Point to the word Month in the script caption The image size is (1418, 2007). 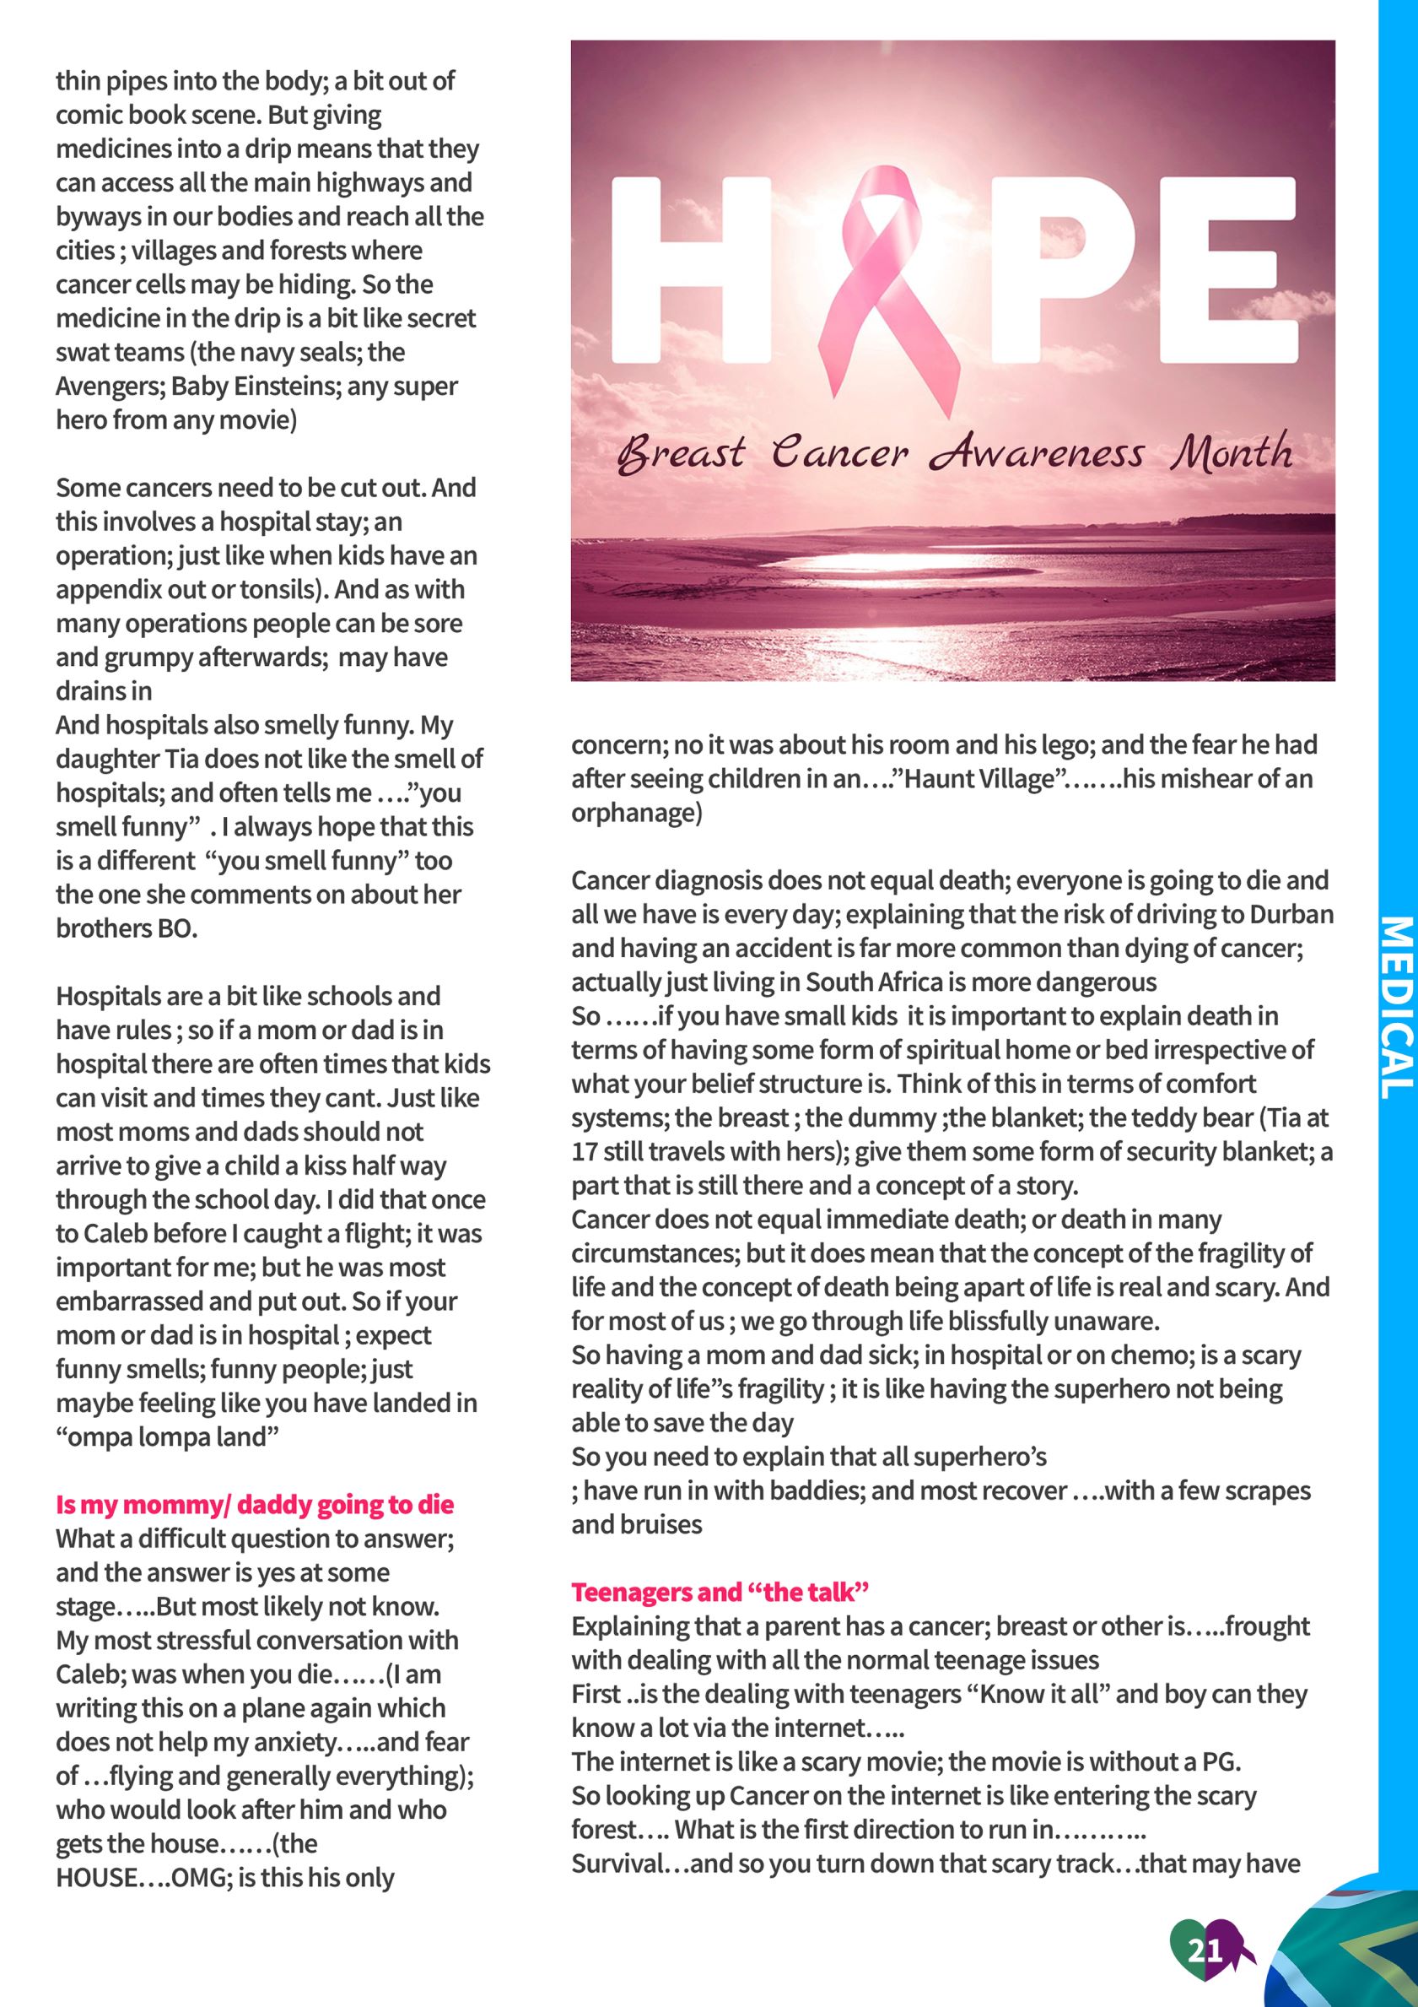pos(1232,452)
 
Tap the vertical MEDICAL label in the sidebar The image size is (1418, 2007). pos(1397,1006)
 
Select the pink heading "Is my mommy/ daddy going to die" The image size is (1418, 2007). pos(255,1504)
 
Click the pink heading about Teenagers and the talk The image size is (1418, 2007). pos(720,1592)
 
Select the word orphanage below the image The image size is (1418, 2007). pos(637,813)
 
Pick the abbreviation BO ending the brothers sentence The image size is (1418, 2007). pos(177,928)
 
